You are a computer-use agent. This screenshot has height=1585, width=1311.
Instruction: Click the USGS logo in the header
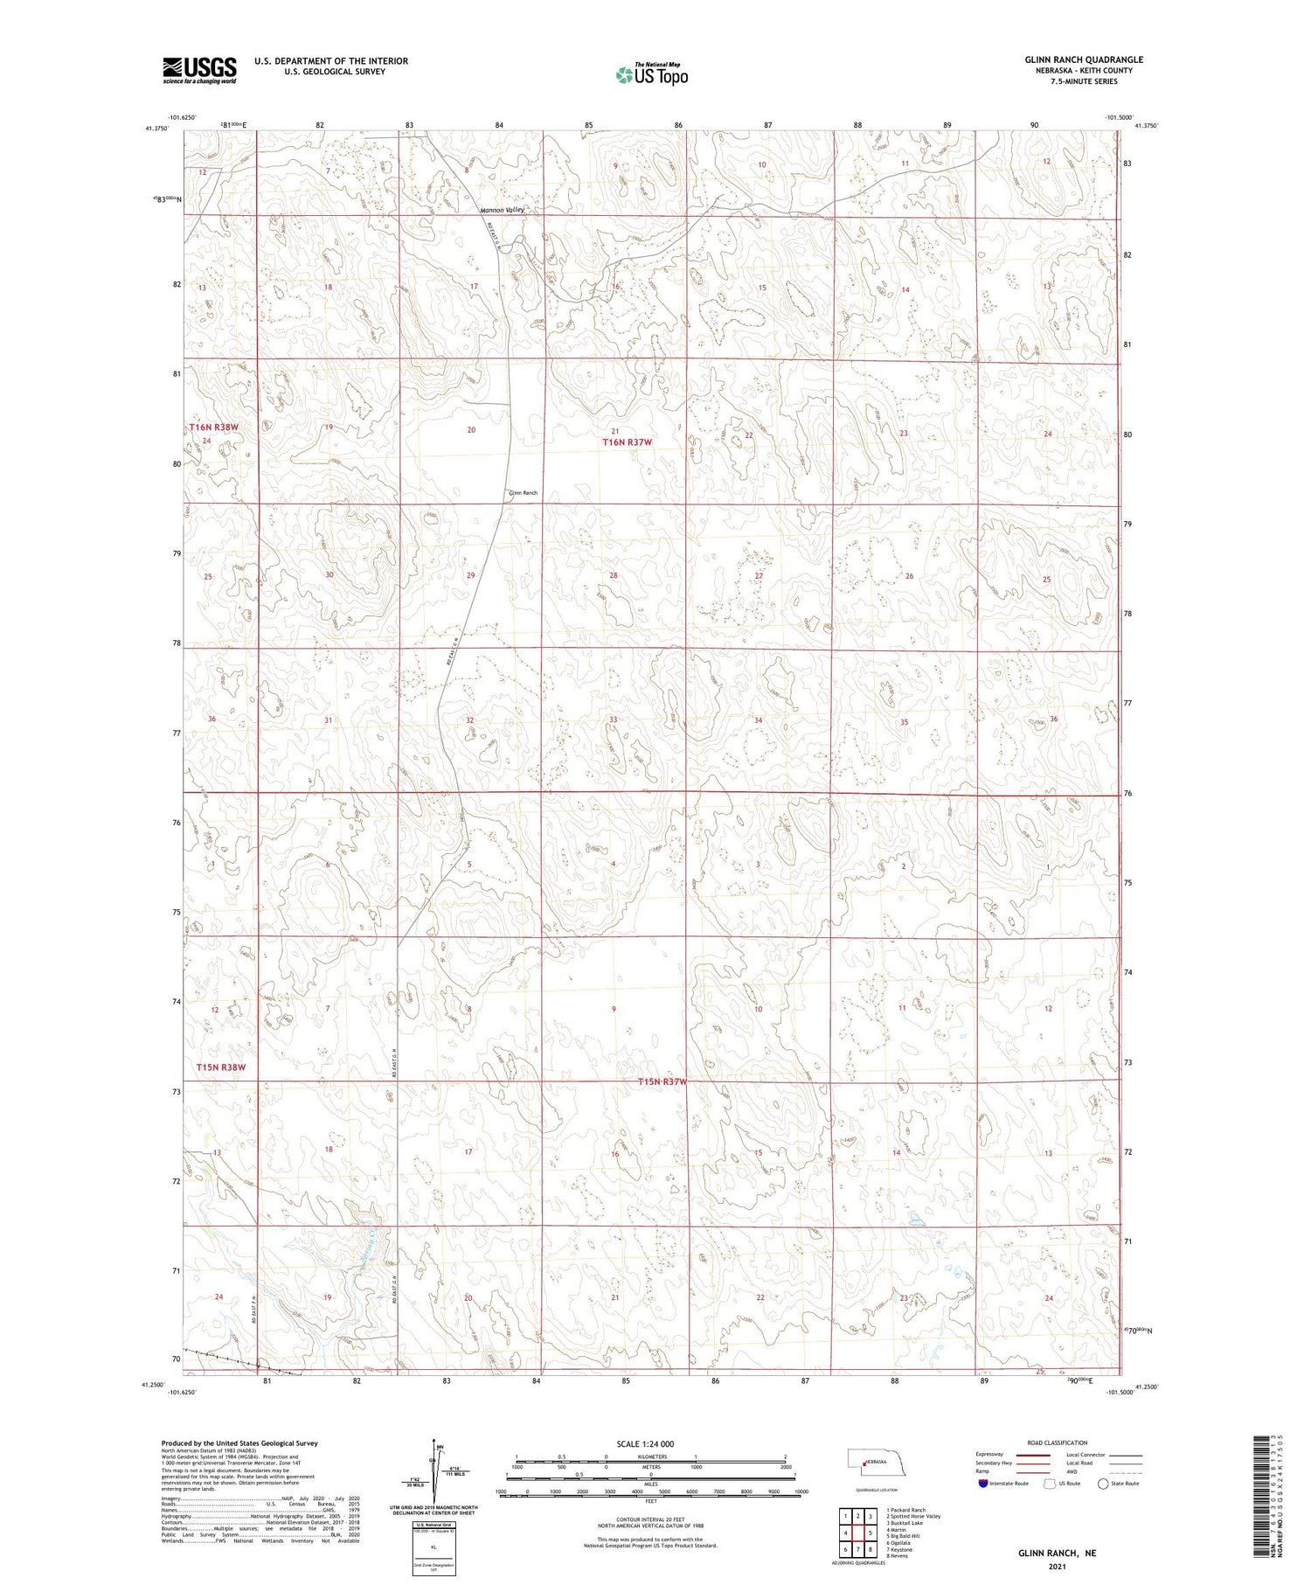click(199, 70)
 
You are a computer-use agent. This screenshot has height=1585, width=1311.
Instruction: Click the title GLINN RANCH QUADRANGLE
click(1084, 59)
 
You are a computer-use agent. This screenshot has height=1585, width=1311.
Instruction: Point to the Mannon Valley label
click(502, 211)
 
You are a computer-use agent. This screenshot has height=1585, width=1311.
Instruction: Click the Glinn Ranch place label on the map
click(523, 493)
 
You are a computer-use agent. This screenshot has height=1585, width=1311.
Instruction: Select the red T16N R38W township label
click(214, 428)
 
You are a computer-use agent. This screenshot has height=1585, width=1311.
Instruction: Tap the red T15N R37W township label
click(662, 1082)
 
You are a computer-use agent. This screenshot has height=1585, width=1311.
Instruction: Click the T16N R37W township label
click(628, 442)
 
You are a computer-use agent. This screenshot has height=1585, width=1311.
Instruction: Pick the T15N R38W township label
click(221, 1067)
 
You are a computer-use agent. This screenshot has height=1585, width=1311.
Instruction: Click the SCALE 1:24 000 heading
click(645, 1443)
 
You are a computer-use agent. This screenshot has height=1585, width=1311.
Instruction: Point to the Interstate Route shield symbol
click(983, 1484)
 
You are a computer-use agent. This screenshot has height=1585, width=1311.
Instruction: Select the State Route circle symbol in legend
click(1103, 1484)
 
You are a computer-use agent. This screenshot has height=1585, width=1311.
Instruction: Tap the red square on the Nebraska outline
click(865, 1462)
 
